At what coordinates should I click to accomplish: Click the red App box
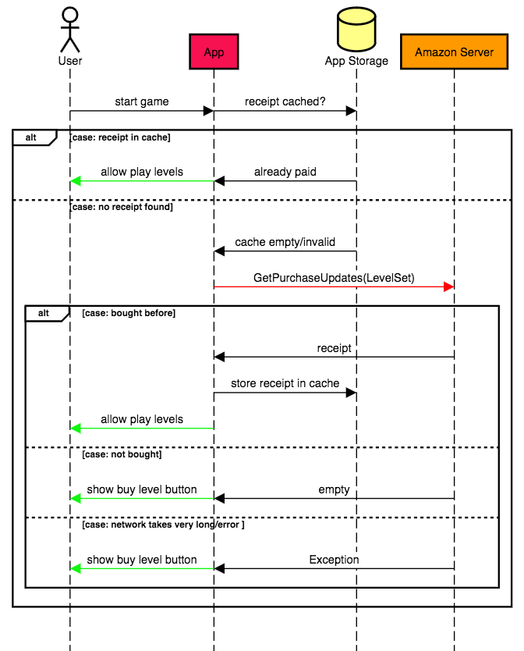[x=214, y=52]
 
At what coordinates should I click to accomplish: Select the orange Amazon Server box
[x=454, y=52]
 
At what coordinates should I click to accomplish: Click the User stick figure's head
[x=70, y=15]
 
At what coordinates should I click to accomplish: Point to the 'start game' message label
[x=142, y=101]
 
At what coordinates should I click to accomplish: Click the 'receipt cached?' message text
[x=285, y=101]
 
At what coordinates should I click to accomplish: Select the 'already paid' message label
[x=285, y=172]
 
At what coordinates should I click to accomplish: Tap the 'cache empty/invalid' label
[x=285, y=242]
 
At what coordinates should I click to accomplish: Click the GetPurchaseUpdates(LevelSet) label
[x=334, y=277]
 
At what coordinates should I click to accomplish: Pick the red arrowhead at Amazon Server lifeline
[x=449, y=287]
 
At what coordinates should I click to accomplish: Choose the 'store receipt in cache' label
[x=285, y=383]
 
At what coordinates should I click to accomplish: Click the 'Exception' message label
[x=334, y=560]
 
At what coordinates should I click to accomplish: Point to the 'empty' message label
[x=334, y=489]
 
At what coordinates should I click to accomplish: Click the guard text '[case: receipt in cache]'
[x=121, y=137]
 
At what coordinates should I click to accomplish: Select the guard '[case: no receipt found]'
[x=122, y=208]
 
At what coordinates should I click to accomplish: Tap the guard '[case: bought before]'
[x=129, y=313]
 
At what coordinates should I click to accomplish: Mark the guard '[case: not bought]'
[x=122, y=454]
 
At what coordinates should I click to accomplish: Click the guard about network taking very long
[x=163, y=525]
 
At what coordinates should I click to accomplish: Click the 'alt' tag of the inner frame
[x=44, y=313]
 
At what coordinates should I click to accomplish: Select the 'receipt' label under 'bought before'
[x=334, y=348]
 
